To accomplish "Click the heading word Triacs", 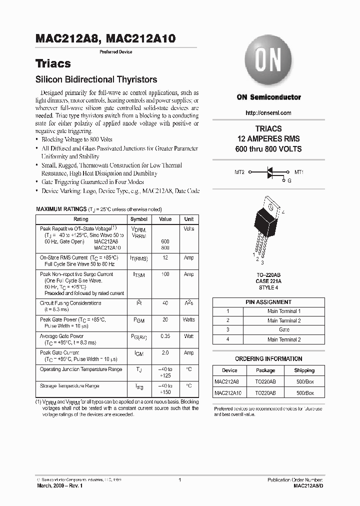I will (x=52, y=64).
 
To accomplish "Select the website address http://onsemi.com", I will (x=268, y=113).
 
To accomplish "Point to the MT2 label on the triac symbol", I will (x=239, y=172).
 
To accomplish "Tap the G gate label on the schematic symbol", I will (x=289, y=180).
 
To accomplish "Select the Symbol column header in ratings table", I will (x=138, y=219).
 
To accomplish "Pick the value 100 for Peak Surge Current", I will (x=165, y=274).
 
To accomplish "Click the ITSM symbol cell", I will (x=138, y=274).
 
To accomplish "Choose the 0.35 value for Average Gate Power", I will (x=165, y=336).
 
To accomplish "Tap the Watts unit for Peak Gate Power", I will (x=188, y=319).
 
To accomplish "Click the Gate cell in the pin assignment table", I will (x=284, y=330).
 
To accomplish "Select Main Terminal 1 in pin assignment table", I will (x=284, y=311).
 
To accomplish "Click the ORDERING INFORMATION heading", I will (x=268, y=359).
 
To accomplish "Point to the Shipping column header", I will (x=304, y=370).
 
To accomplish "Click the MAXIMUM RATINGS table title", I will (x=61, y=209).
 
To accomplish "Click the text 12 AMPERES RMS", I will (x=268, y=139).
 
